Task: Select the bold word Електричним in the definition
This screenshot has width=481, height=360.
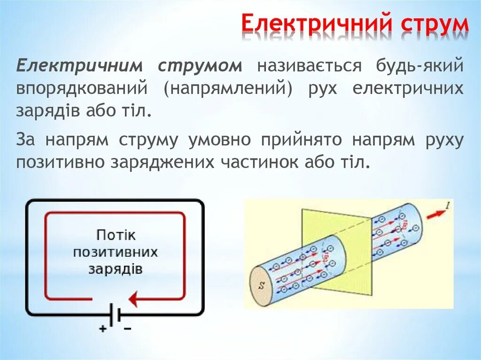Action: click(78, 66)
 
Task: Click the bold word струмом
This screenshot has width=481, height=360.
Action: click(200, 66)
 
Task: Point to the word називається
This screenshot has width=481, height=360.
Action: click(309, 66)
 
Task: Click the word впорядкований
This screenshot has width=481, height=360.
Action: click(83, 89)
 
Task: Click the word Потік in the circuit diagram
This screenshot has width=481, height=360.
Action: click(115, 235)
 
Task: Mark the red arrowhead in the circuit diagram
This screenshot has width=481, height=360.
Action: click(134, 299)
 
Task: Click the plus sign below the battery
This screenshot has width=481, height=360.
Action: click(102, 329)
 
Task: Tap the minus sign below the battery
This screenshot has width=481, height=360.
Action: click(127, 329)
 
